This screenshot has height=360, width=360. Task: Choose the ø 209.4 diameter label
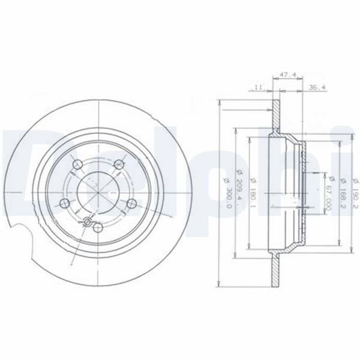point(239,191)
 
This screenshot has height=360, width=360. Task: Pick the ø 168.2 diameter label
point(341,191)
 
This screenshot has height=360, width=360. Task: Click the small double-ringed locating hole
point(88,223)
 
